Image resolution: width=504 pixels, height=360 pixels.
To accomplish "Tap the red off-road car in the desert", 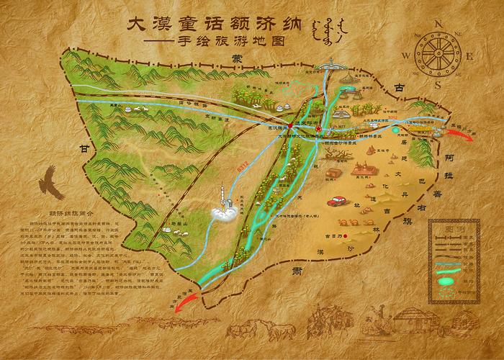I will [336, 202].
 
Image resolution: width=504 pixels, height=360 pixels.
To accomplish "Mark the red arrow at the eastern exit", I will [479, 134].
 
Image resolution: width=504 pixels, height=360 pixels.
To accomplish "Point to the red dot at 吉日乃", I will [346, 235].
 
